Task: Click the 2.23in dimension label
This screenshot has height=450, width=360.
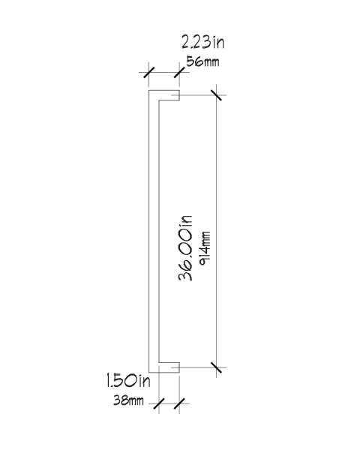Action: click(x=202, y=42)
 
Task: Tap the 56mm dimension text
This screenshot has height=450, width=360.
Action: click(x=202, y=61)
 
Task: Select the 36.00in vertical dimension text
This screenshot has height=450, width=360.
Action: click(x=185, y=247)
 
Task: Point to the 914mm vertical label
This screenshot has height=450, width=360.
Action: click(x=205, y=248)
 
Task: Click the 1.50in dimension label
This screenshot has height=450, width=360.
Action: click(x=128, y=380)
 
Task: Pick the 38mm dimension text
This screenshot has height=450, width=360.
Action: click(x=128, y=400)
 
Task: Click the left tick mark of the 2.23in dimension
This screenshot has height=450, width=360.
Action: click(x=148, y=72)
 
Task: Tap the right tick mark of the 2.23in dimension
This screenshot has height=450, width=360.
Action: click(x=179, y=72)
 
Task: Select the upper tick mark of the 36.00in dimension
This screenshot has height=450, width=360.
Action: click(x=216, y=95)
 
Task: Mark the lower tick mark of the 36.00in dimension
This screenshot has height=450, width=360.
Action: click(x=216, y=367)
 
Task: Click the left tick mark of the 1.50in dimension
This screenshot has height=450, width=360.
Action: click(x=159, y=403)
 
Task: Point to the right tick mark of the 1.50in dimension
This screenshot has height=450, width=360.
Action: click(x=179, y=403)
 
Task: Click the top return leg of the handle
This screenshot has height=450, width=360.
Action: click(x=164, y=95)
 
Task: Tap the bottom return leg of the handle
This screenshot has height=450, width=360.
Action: click(x=164, y=367)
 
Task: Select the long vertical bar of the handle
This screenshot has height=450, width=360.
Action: click(x=154, y=231)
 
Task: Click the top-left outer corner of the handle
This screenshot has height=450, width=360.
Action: click(x=148, y=91)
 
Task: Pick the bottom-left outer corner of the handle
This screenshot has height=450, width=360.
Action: click(x=148, y=372)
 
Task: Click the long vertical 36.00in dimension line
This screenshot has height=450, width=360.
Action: click(x=216, y=231)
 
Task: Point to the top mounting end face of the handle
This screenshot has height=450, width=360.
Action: click(x=179, y=95)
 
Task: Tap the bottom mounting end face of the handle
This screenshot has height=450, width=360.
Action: click(x=179, y=367)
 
